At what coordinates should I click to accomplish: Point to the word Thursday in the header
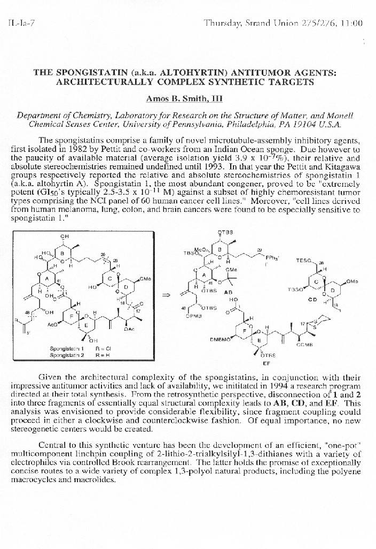(x=223, y=23)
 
